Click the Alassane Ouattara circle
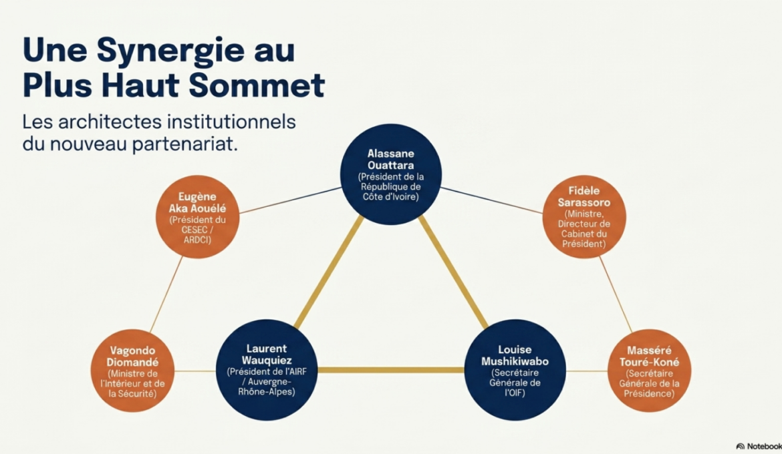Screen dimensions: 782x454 click(x=391, y=174)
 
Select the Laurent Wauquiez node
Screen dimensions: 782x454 click(x=267, y=370)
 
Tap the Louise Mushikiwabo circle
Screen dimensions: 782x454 click(x=515, y=370)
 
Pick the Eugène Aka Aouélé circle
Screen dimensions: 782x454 click(x=197, y=217)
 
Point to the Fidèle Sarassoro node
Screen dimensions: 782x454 click(x=584, y=216)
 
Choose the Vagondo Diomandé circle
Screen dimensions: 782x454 click(x=132, y=371)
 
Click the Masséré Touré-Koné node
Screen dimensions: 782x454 click(x=650, y=371)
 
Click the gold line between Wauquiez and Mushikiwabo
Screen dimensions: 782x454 click(x=391, y=370)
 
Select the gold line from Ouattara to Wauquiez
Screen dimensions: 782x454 click(x=329, y=272)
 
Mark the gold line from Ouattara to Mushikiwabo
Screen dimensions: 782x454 click(x=453, y=272)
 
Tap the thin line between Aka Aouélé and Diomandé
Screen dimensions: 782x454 click(x=166, y=294)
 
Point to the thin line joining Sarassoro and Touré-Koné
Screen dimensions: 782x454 click(x=616, y=294)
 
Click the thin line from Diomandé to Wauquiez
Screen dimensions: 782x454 click(x=195, y=371)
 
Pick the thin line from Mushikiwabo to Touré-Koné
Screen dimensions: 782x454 click(x=587, y=371)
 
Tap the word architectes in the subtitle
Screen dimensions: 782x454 click(x=110, y=122)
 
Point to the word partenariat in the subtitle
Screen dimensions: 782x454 click(x=184, y=144)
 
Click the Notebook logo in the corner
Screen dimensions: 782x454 click(x=759, y=446)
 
